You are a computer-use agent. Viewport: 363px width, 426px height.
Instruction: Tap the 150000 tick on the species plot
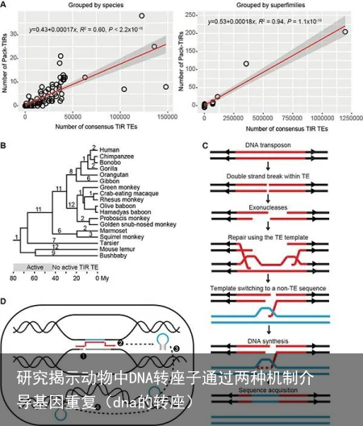pos(165,117)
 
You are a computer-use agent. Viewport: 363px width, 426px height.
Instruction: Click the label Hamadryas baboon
pos(127,211)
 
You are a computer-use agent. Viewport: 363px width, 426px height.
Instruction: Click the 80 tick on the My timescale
pos(13,278)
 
